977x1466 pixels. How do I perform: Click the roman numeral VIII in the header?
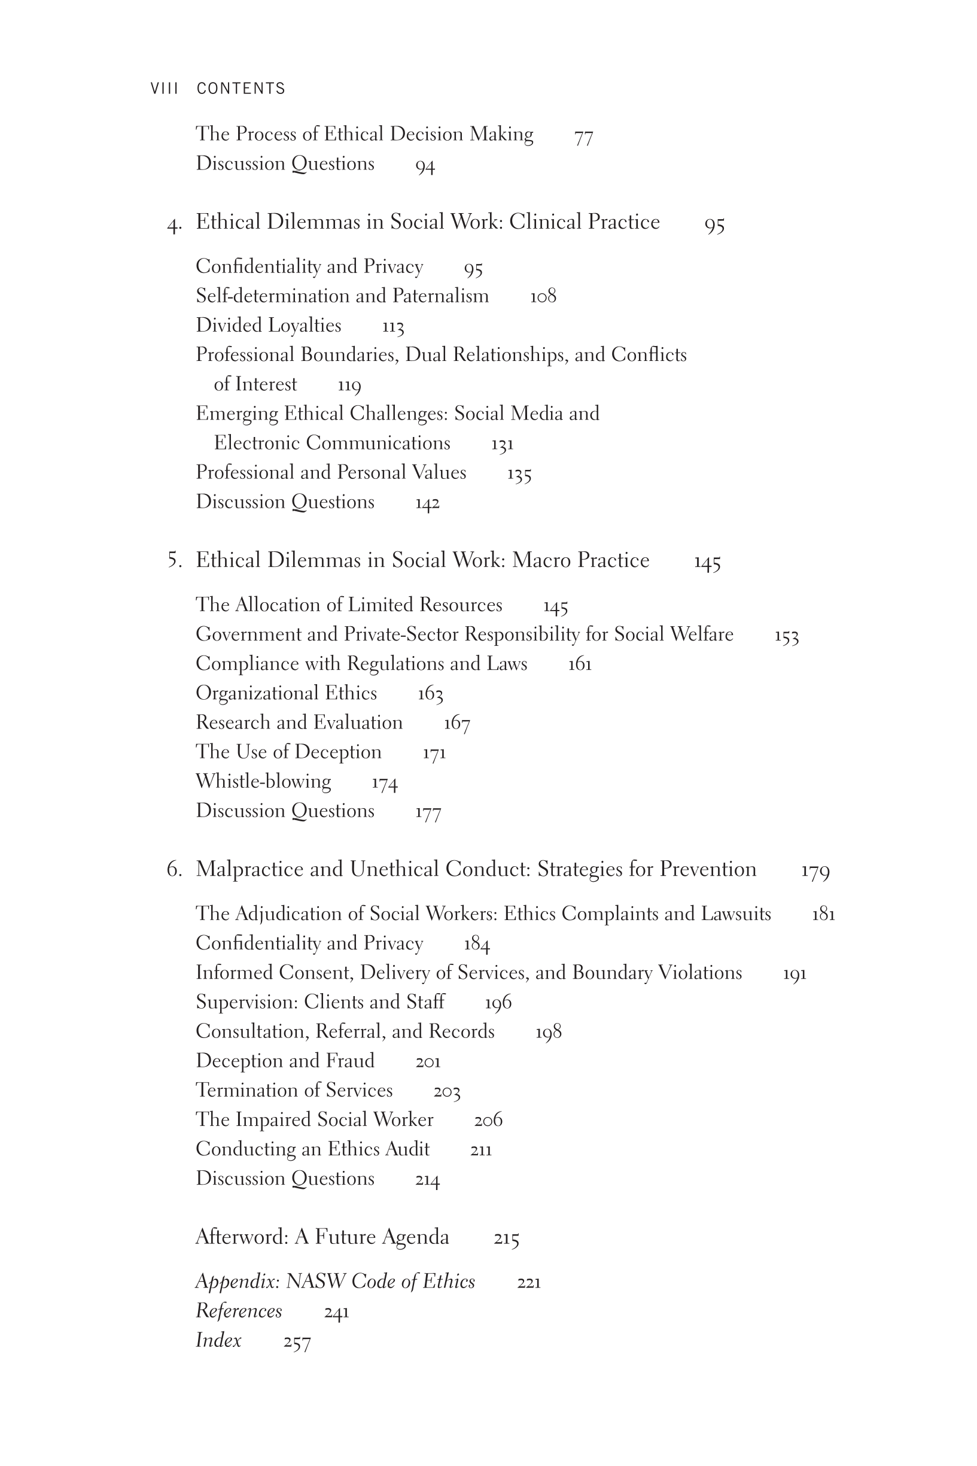point(165,89)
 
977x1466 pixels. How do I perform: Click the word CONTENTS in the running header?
point(241,89)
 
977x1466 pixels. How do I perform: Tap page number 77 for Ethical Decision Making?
point(583,137)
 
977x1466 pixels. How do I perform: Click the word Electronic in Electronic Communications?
point(257,443)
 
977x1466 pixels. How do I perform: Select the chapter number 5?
point(175,560)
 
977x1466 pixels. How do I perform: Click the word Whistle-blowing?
point(263,782)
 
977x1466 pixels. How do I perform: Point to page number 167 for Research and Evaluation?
point(456,724)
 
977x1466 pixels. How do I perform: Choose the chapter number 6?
point(174,870)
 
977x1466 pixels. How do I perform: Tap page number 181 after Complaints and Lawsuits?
point(823,915)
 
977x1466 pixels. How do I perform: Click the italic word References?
point(239,1312)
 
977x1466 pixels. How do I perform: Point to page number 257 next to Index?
point(297,1342)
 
